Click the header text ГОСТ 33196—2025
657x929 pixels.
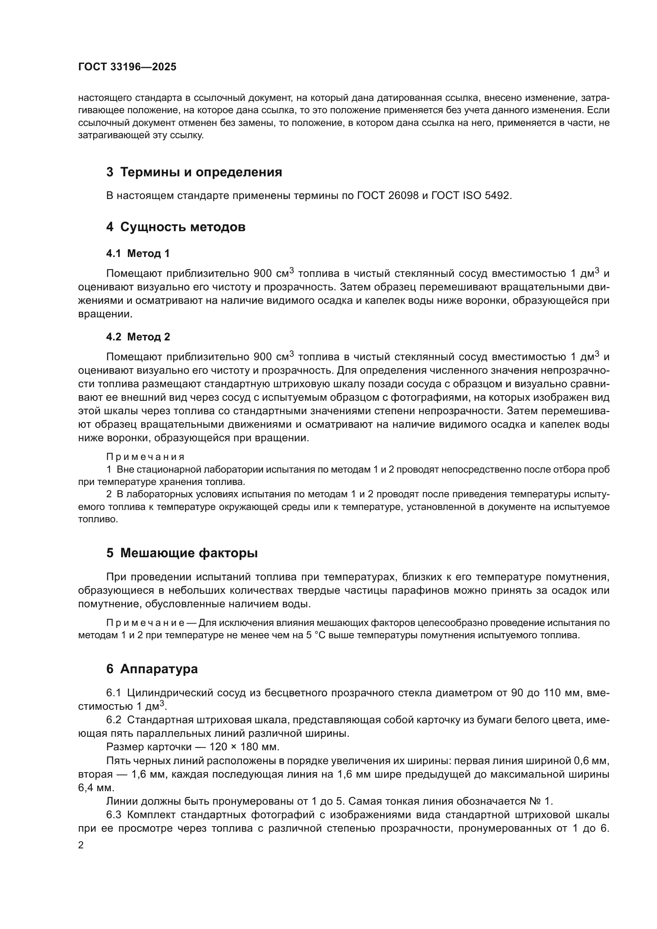pos(127,67)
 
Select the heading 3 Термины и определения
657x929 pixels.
pos(194,172)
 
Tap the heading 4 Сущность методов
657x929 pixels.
pos(176,227)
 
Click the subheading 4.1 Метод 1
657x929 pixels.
pos(137,254)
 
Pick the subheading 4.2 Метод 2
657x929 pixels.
pos(138,337)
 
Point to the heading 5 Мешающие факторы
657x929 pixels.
pos(182,553)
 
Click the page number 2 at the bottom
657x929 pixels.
pos(81,845)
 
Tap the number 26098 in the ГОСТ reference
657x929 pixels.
pos(403,196)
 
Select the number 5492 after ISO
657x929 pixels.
pos(498,196)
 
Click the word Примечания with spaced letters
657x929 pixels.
pos(145,457)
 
